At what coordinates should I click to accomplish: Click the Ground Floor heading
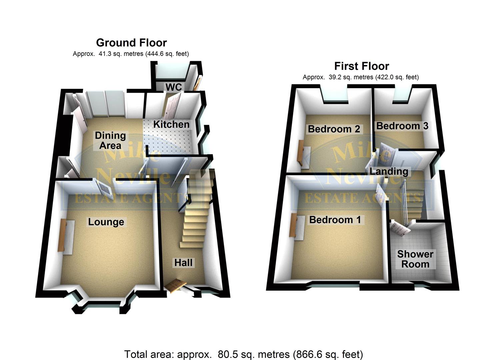pyautogui.click(x=131, y=43)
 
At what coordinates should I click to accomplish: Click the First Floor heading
pyautogui.click(x=362, y=66)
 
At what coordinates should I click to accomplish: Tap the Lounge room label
pyautogui.click(x=106, y=222)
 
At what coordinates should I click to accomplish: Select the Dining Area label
pyautogui.click(x=110, y=140)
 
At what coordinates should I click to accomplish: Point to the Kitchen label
pyautogui.click(x=171, y=124)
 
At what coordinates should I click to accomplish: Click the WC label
pyautogui.click(x=174, y=87)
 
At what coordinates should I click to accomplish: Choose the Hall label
pyautogui.click(x=183, y=263)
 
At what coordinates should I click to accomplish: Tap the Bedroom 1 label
pyautogui.click(x=335, y=220)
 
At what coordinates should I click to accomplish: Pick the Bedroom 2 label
pyautogui.click(x=334, y=129)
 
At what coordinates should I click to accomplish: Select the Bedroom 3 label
pyautogui.click(x=402, y=126)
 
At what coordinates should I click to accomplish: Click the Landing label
pyautogui.click(x=389, y=171)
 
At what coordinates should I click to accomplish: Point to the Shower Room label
pyautogui.click(x=415, y=259)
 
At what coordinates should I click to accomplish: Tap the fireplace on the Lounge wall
pyautogui.click(x=62, y=235)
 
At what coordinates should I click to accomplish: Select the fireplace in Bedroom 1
pyautogui.click(x=293, y=226)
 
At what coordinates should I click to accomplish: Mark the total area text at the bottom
pyautogui.click(x=244, y=354)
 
